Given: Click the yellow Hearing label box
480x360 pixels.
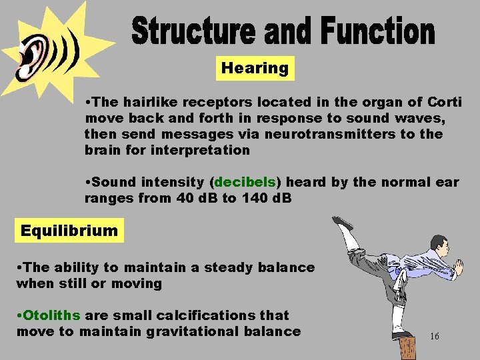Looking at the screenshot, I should tap(255, 68).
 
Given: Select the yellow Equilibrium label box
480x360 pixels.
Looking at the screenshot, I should tap(69, 231).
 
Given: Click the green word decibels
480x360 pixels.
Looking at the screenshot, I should tap(245, 182).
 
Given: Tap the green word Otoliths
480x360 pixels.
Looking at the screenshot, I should tap(52, 315).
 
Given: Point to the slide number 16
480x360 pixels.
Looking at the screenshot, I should tap(434, 337).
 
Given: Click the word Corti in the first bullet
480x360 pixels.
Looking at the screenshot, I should tap(443, 102).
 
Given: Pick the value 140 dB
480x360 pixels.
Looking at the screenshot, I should tap(265, 198).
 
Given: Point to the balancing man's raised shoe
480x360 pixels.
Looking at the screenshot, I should tap(342, 223).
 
